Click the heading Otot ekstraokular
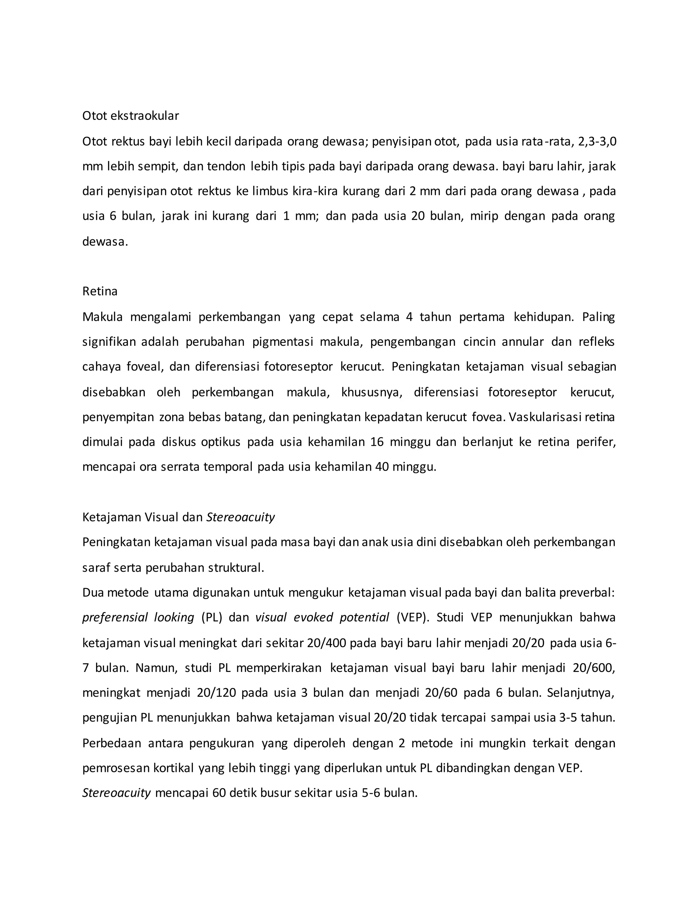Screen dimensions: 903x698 coord(130,116)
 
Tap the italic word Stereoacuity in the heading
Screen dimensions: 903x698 coord(240,517)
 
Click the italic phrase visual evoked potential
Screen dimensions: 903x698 coord(322,618)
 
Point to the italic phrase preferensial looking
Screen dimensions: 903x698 coord(138,618)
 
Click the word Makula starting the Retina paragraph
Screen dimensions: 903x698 coord(103,317)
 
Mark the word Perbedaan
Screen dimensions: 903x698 coord(111,744)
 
